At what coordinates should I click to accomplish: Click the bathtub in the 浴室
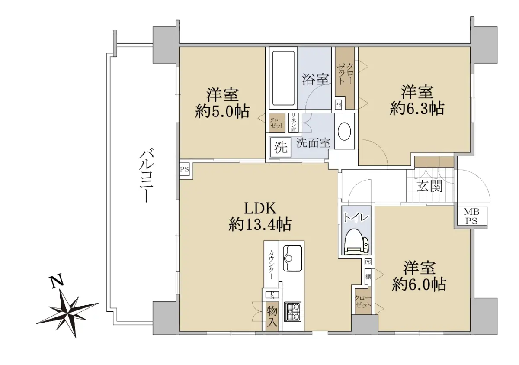click(x=283, y=78)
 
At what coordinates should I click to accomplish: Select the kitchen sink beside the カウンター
click(x=293, y=258)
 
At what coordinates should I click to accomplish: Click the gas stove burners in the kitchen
click(x=293, y=312)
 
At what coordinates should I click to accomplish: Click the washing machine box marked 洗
click(x=281, y=147)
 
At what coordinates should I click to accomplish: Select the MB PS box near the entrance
click(x=472, y=216)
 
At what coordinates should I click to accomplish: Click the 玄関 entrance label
click(x=429, y=186)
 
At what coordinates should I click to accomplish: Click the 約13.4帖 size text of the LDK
click(x=260, y=224)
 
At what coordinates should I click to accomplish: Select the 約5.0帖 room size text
click(x=222, y=111)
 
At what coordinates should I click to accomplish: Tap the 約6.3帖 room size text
click(x=417, y=108)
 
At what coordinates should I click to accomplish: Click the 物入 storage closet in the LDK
click(x=272, y=316)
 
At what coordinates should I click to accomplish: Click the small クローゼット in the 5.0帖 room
click(x=277, y=123)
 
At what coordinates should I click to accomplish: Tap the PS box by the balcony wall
click(x=185, y=169)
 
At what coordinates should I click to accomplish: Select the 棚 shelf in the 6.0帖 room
click(x=368, y=277)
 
